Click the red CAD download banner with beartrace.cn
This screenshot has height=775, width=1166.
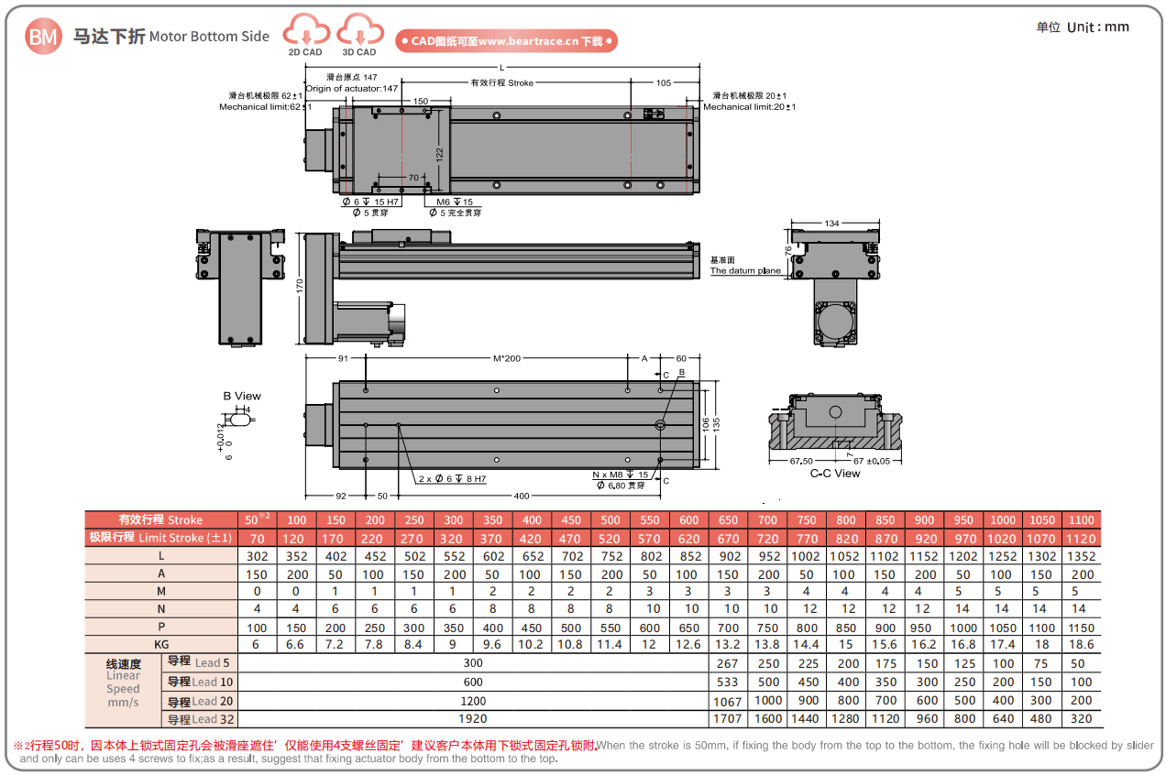[506, 41]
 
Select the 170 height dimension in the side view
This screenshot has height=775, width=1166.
[300, 287]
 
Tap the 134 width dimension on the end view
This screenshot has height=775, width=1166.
[831, 224]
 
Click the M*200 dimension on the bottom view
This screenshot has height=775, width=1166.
[506, 358]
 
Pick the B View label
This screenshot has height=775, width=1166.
[242, 397]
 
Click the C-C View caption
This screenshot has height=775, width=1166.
[835, 474]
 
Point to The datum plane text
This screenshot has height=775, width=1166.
[745, 270]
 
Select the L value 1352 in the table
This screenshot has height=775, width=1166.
[1082, 556]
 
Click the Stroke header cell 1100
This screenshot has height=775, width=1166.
[1082, 520]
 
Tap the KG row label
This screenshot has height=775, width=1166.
[161, 645]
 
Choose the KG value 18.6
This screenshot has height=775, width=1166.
[1082, 645]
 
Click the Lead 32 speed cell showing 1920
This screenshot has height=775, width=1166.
[473, 719]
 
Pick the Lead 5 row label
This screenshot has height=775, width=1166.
[199, 662]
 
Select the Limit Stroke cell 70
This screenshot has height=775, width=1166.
[256, 539]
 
